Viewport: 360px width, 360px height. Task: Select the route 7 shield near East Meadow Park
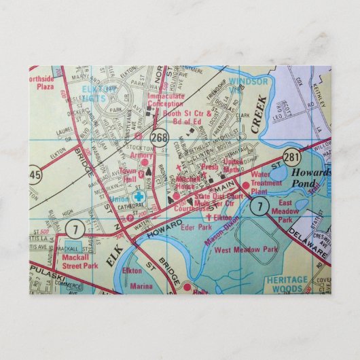click(x=258, y=204)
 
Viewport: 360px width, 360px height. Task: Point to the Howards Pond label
click(x=310, y=178)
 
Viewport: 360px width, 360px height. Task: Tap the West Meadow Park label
click(x=246, y=250)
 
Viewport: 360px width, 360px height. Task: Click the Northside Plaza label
click(x=39, y=83)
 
